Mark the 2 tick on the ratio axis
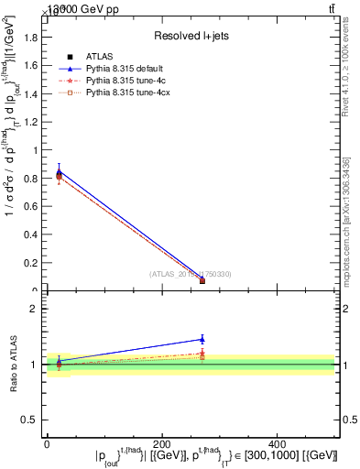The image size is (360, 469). coord(40,309)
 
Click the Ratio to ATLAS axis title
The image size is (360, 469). coord(15,364)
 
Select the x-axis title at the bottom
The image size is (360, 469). coord(216,455)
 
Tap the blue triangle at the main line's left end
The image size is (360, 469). coord(60,170)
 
